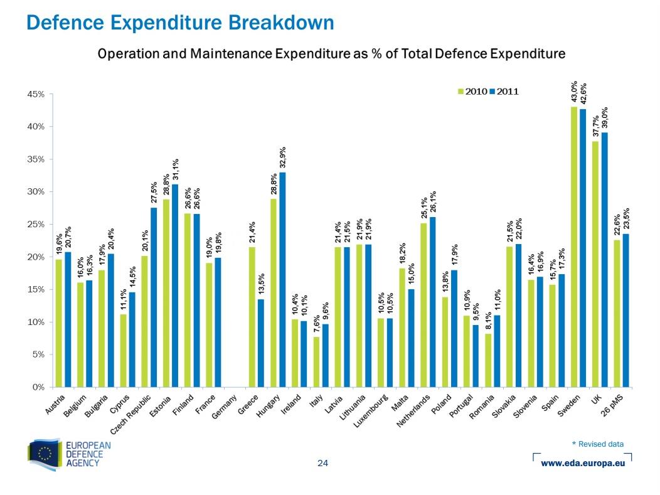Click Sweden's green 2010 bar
[573, 247]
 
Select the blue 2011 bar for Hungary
[282, 279]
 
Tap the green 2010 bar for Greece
[252, 317]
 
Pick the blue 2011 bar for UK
[604, 260]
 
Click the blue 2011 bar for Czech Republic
[154, 297]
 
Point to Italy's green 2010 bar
[316, 362]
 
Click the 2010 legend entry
[472, 92]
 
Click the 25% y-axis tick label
[36, 225]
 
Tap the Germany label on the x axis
[224, 407]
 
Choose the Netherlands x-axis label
[413, 411]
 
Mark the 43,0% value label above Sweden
[573, 92]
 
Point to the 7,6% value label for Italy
[316, 324]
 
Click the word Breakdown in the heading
[281, 23]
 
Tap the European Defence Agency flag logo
[45, 455]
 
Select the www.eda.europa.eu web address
[583, 463]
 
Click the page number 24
[322, 463]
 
